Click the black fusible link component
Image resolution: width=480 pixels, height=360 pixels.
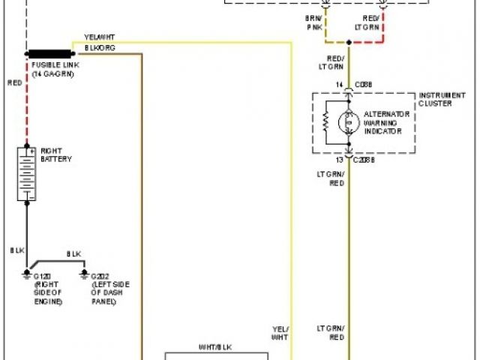pyautogui.click(x=50, y=54)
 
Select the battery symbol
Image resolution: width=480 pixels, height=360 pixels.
pyautogui.click(x=27, y=174)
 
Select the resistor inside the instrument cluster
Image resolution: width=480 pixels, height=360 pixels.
pyautogui.click(x=326, y=120)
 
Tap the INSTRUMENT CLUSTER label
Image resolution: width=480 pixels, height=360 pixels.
pyautogui.click(x=435, y=99)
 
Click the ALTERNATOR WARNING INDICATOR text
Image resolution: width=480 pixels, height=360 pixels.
pyautogui.click(x=386, y=122)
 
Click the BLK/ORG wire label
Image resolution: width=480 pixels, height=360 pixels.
pyautogui.click(x=99, y=46)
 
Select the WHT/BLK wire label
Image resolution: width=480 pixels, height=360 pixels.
pyautogui.click(x=214, y=346)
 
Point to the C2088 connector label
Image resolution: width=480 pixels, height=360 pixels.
pyautogui.click(x=364, y=160)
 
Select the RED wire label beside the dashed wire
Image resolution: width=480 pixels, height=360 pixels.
pyautogui.click(x=15, y=82)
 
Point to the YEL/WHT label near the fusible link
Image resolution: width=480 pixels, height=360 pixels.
pyautogui.click(x=99, y=37)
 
